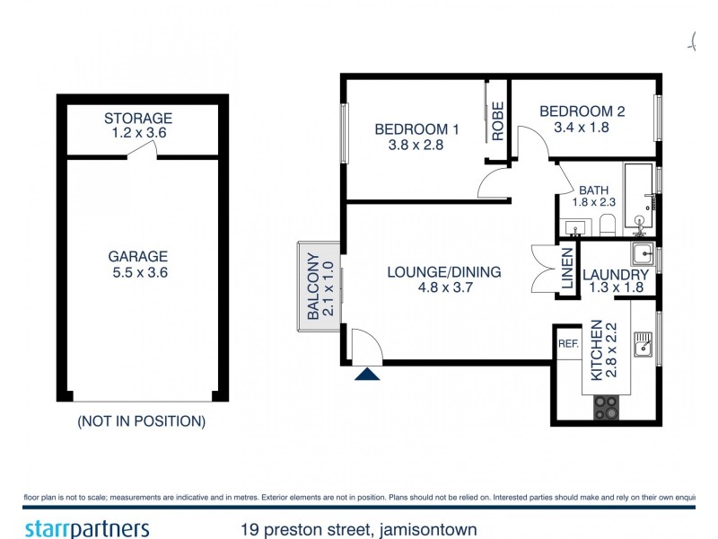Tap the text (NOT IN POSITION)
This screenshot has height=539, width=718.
point(141,420)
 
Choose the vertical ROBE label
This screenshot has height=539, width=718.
point(496,121)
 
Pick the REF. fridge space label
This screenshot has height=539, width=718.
point(567,344)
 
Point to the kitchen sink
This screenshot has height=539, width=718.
point(642,344)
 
